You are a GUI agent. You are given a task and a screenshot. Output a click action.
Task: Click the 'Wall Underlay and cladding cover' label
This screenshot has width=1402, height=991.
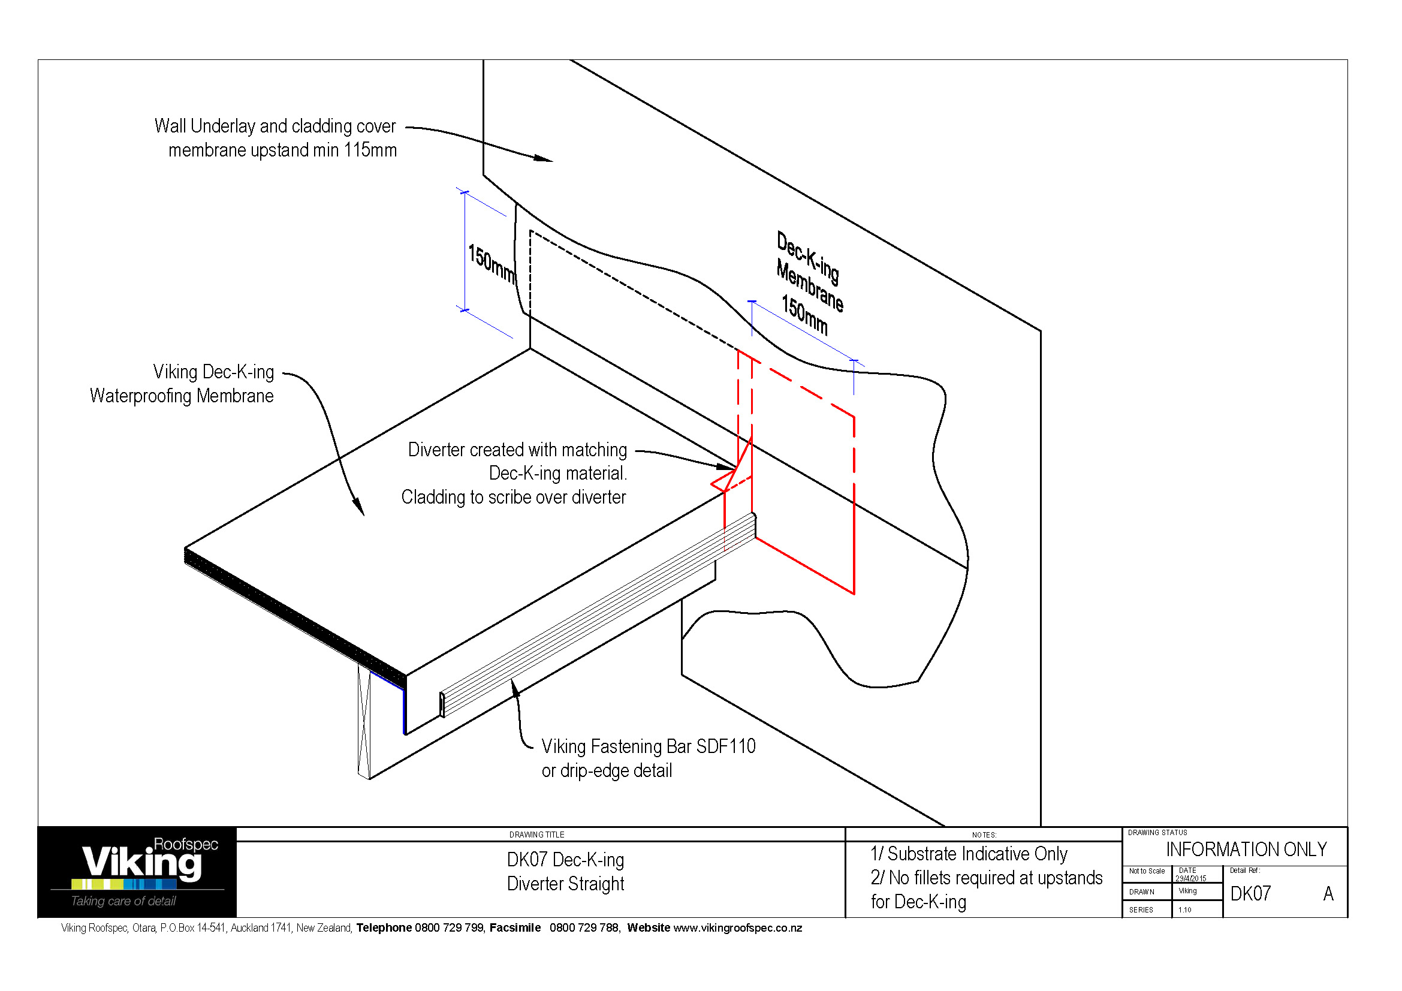(275, 126)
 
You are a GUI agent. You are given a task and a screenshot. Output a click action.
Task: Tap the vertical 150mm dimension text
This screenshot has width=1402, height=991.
(491, 263)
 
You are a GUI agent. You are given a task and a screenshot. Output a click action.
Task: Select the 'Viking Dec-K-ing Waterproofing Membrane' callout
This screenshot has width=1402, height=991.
(182, 384)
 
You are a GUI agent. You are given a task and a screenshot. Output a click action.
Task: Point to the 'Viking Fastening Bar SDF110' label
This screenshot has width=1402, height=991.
(648, 747)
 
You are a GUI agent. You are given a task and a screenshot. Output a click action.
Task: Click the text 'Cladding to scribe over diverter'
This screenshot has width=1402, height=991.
(513, 498)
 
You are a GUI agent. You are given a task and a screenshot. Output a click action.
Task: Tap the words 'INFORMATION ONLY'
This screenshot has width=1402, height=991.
(1246, 850)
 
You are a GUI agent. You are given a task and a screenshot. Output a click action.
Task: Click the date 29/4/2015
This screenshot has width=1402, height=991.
(1190, 879)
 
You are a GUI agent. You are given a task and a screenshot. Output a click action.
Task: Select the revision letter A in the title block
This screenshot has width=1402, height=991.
(1328, 894)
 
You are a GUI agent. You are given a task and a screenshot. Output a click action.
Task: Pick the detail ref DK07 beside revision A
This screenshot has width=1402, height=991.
(1250, 894)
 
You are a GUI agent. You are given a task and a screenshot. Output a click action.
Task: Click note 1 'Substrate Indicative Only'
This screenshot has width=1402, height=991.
(969, 854)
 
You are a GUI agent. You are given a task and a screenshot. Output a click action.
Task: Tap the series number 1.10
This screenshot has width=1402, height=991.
(1184, 910)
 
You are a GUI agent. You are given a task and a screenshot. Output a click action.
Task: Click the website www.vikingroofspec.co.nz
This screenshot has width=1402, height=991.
(737, 928)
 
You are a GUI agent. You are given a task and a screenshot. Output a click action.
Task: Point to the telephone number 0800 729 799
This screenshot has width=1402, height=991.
(449, 928)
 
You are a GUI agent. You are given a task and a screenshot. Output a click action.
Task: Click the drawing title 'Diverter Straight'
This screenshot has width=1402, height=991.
(565, 884)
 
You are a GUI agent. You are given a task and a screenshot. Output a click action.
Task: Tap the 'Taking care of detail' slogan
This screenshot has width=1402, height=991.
(123, 901)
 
